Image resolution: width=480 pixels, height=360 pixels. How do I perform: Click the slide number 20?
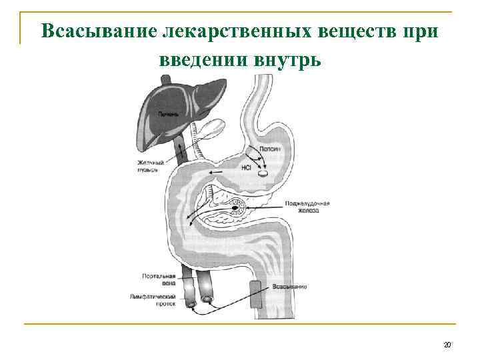coord(447,345)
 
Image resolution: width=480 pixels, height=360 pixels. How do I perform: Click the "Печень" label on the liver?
coord(168,114)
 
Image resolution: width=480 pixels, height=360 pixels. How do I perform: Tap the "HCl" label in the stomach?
coord(247,169)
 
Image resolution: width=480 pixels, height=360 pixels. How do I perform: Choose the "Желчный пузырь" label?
coord(148,165)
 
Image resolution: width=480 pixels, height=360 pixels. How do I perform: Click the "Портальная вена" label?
coord(159,278)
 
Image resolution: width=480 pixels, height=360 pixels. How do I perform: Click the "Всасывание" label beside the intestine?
coord(289,287)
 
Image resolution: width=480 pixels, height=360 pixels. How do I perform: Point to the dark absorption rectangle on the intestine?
coord(256,293)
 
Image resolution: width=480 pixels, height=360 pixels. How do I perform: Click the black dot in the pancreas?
coord(235,208)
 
